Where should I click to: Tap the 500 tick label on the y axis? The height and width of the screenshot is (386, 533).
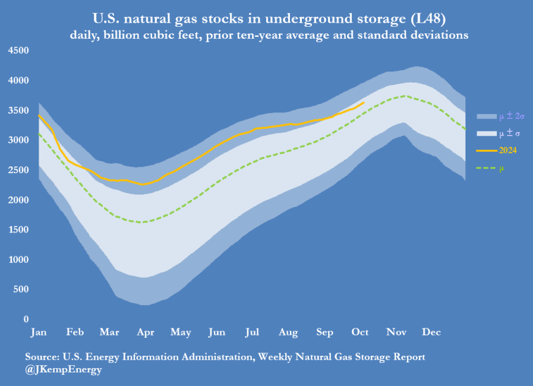pyautogui.click(x=21, y=290)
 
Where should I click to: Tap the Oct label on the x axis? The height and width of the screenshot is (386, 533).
pyautogui.click(x=359, y=333)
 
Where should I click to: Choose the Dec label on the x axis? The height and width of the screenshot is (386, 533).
pyautogui.click(x=431, y=333)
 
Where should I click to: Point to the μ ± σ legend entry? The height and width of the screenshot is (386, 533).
pyautogui.click(x=509, y=133)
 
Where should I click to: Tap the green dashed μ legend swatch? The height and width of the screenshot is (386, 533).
pyautogui.click(x=487, y=168)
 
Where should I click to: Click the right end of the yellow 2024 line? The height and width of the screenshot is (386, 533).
pyautogui.click(x=364, y=102)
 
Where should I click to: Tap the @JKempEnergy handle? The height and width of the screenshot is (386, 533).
pyautogui.click(x=64, y=369)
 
